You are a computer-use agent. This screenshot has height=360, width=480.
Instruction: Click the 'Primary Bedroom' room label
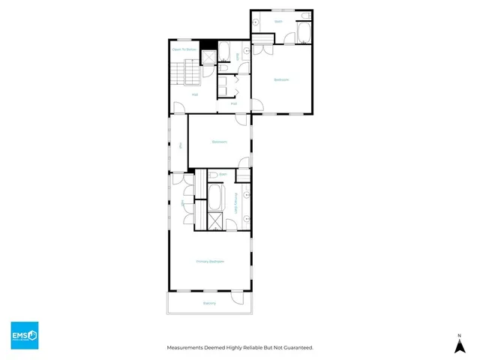pyautogui.click(x=210, y=261)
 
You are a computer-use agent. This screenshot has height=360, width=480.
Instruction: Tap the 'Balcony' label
pyautogui.click(x=209, y=303)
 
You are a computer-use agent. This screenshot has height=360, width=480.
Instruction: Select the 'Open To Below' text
pyautogui.click(x=184, y=49)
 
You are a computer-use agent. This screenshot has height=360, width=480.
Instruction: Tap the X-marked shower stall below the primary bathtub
pyautogui.click(x=214, y=221)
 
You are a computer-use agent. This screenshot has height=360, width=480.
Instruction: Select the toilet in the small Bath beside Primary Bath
pyautogui.click(x=213, y=175)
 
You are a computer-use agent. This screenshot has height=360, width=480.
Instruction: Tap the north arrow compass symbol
pyautogui.click(x=459, y=345)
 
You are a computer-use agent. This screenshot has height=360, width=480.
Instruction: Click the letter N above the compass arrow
pyautogui.click(x=459, y=334)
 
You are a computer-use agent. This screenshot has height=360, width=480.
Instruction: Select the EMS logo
pyautogui.click(x=24, y=335)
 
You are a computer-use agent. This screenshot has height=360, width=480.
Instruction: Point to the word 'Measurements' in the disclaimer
pyautogui.click(x=184, y=347)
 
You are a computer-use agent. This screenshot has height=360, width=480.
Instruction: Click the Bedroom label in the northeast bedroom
pyautogui.click(x=281, y=79)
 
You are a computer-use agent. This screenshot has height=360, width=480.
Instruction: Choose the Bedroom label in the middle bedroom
pyautogui.click(x=219, y=142)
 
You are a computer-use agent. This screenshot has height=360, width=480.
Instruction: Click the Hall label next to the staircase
pyautogui.click(x=194, y=94)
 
